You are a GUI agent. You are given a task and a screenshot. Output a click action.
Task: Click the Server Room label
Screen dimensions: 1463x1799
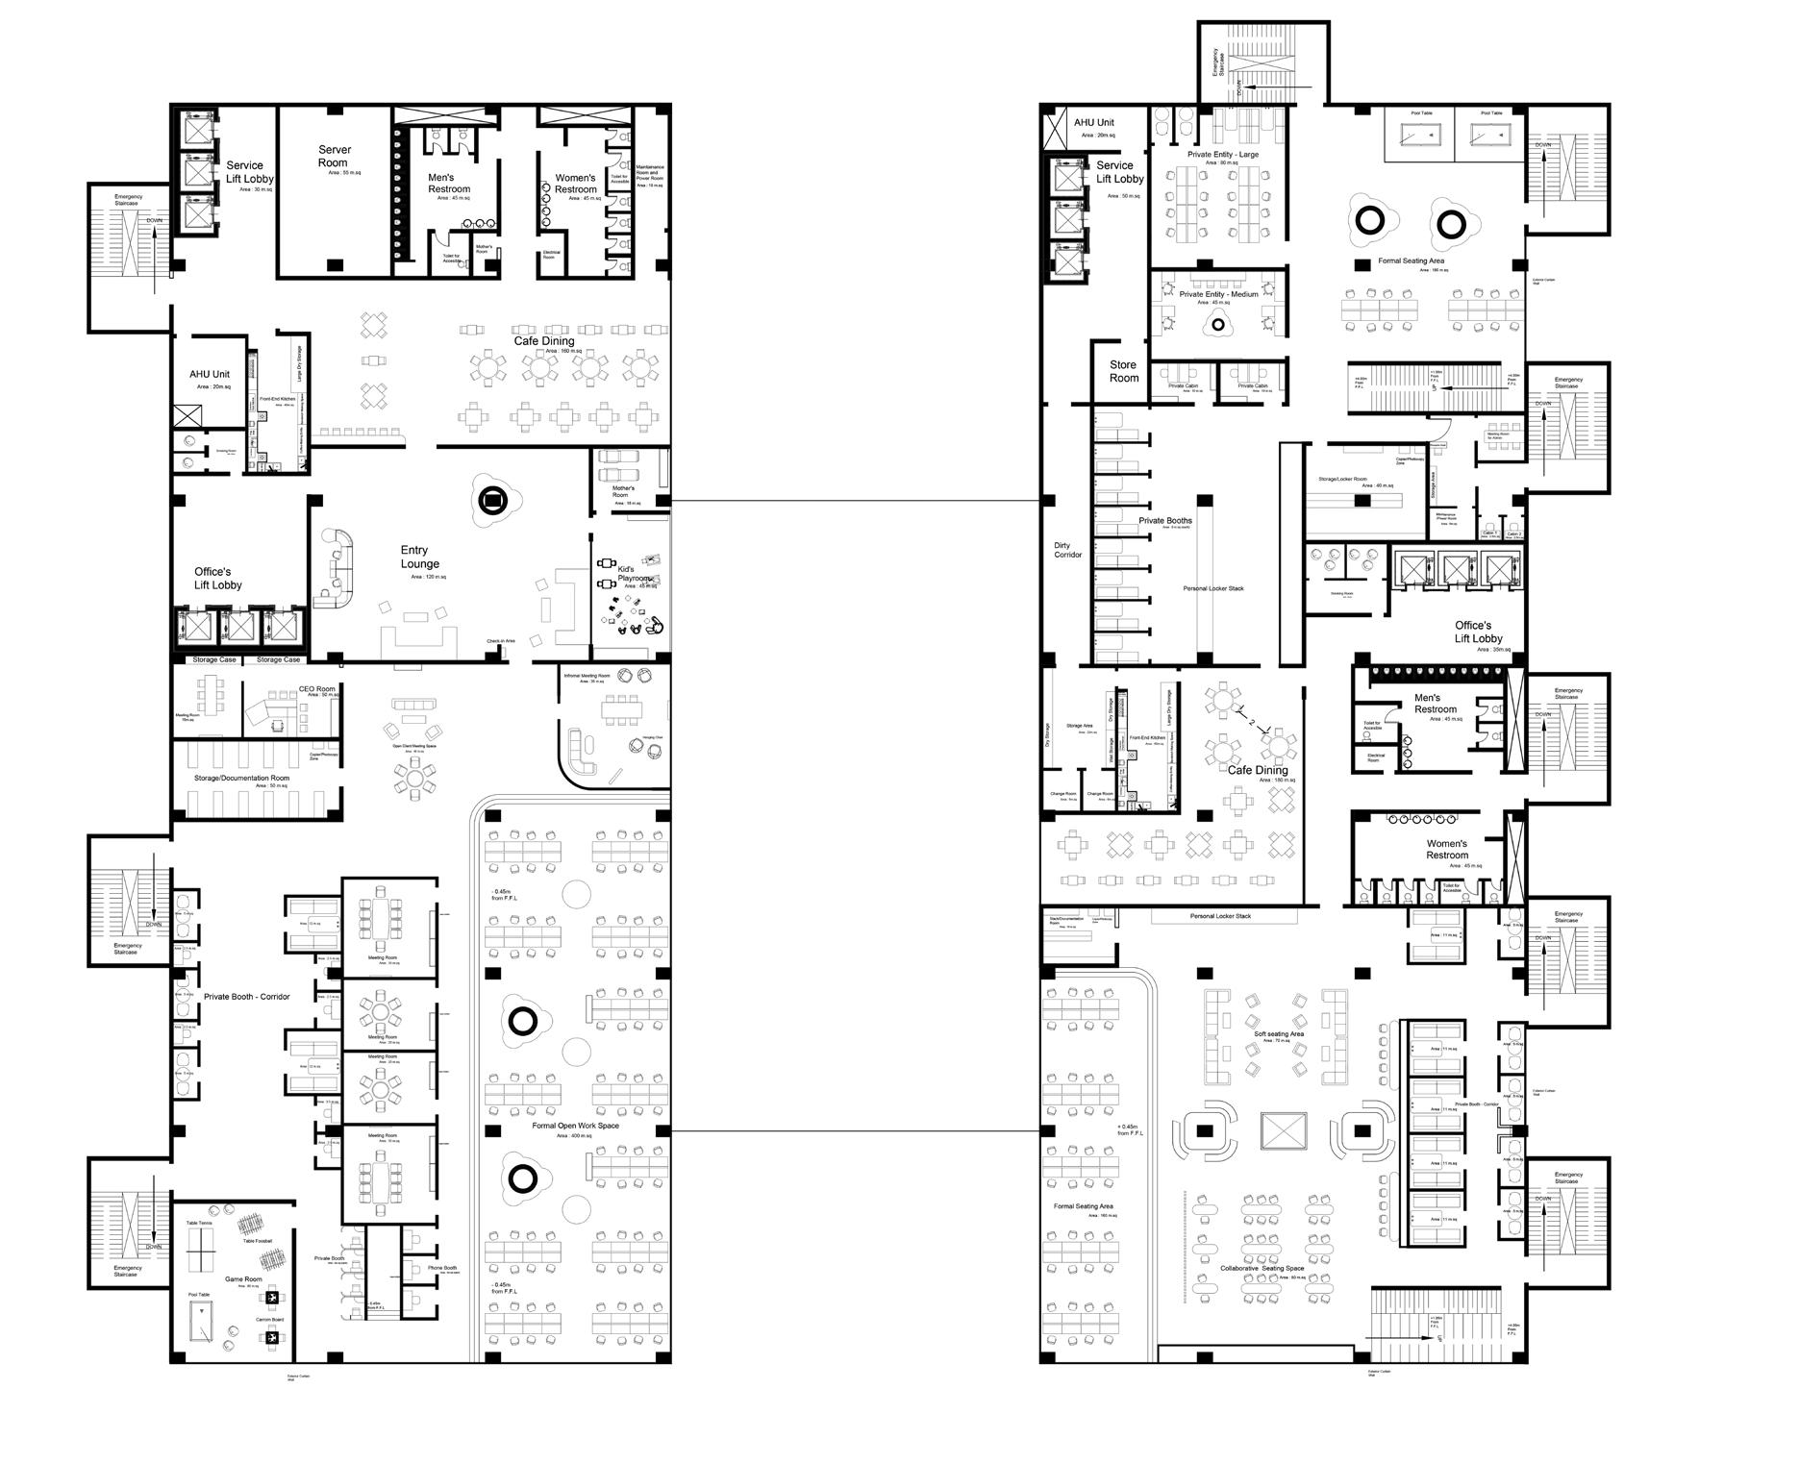pyautogui.click(x=335, y=156)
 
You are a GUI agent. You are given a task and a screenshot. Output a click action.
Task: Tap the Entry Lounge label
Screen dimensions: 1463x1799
pyautogui.click(x=420, y=558)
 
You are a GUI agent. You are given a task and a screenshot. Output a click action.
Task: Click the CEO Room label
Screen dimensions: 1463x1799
pyautogui.click(x=316, y=689)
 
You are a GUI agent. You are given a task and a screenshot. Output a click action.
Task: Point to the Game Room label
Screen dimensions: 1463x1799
pyautogui.click(x=243, y=1279)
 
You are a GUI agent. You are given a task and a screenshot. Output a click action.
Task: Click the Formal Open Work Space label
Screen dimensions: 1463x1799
pyautogui.click(x=575, y=1126)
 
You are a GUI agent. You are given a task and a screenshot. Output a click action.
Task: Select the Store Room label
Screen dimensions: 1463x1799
pyautogui.click(x=1123, y=371)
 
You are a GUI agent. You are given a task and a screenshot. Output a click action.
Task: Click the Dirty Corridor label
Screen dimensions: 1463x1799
pyautogui.click(x=1067, y=550)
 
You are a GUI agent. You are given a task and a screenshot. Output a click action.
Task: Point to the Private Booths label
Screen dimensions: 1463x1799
pyautogui.click(x=1164, y=521)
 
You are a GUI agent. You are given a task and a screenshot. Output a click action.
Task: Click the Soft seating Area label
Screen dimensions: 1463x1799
pyautogui.click(x=1278, y=1034)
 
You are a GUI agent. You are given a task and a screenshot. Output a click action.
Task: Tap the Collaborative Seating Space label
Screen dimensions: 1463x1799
pyautogui.click(x=1262, y=1269)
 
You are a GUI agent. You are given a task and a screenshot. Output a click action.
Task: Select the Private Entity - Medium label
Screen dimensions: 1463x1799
pyautogui.click(x=1218, y=294)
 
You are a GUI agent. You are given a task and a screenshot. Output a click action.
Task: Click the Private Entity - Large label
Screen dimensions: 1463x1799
pyautogui.click(x=1222, y=155)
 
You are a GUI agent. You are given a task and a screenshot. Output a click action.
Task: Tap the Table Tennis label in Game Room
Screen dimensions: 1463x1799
pyautogui.click(x=199, y=1224)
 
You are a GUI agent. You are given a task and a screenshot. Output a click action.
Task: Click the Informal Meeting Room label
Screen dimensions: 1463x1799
pyautogui.click(x=587, y=676)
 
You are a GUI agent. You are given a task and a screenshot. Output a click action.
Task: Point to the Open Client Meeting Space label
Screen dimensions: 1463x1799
pyautogui.click(x=413, y=746)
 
